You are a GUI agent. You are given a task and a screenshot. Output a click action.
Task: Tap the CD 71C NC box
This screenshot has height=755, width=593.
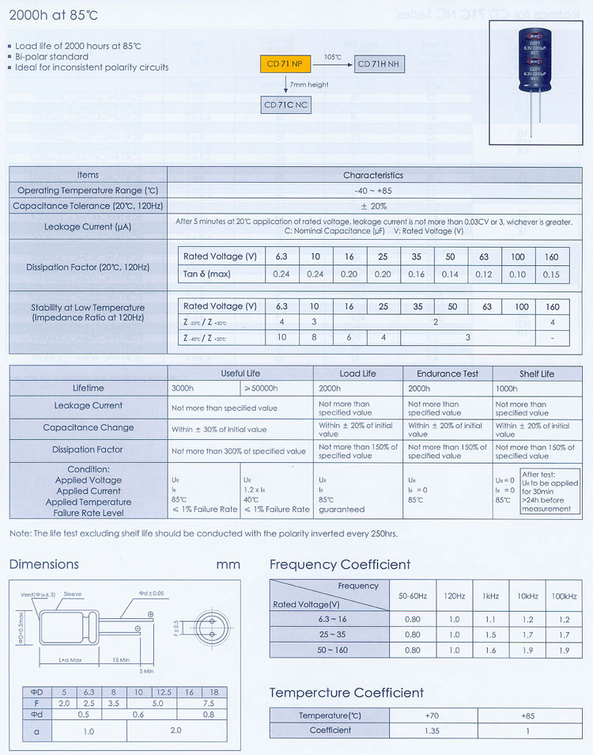(286, 104)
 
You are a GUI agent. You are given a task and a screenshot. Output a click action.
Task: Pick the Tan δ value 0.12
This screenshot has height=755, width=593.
(484, 275)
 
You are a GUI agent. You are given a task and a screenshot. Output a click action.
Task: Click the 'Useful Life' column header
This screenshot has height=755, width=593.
(240, 374)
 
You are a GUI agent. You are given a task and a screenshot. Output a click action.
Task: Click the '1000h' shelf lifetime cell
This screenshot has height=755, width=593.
(507, 389)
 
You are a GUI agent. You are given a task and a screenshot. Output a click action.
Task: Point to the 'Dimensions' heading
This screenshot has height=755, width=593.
(44, 564)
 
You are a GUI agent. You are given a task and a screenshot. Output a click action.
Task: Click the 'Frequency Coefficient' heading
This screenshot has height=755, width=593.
(340, 564)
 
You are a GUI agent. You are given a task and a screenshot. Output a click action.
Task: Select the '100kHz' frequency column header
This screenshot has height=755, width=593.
(564, 596)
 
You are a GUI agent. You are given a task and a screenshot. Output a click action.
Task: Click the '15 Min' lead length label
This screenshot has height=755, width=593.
(120, 659)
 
